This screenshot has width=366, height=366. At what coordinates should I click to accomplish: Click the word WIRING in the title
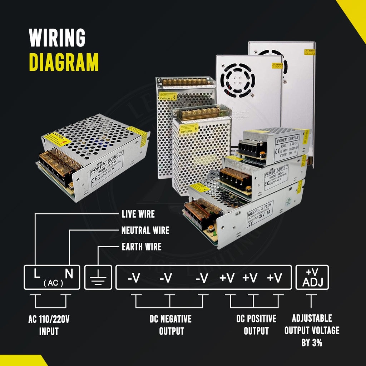pos(57,38)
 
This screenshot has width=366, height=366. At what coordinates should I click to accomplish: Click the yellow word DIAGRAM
pos(64,62)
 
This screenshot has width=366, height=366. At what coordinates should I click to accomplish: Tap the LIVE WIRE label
pos(138,214)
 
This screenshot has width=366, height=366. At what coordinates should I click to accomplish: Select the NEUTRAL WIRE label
pos(145,231)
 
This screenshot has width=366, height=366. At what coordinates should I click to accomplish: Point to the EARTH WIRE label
pos(142,247)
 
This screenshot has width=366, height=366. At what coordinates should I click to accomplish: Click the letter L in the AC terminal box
pos(37,274)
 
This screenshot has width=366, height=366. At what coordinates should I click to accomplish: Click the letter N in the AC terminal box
pos(69,274)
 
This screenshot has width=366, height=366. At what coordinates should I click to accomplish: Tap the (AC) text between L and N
pos(53,283)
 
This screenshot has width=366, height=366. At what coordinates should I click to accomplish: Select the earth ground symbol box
pos(98,277)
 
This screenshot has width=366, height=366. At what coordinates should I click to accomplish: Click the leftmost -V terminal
pos(134,278)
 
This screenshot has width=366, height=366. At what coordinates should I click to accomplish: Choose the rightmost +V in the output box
pos(274,278)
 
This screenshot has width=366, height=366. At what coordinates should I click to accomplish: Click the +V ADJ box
pos(312,277)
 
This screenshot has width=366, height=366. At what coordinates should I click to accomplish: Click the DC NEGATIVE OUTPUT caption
pos(170,325)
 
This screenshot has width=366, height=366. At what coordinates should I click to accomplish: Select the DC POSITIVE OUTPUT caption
pos(256,325)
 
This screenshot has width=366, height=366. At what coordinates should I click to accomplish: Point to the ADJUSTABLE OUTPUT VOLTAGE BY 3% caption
pos(312,330)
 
